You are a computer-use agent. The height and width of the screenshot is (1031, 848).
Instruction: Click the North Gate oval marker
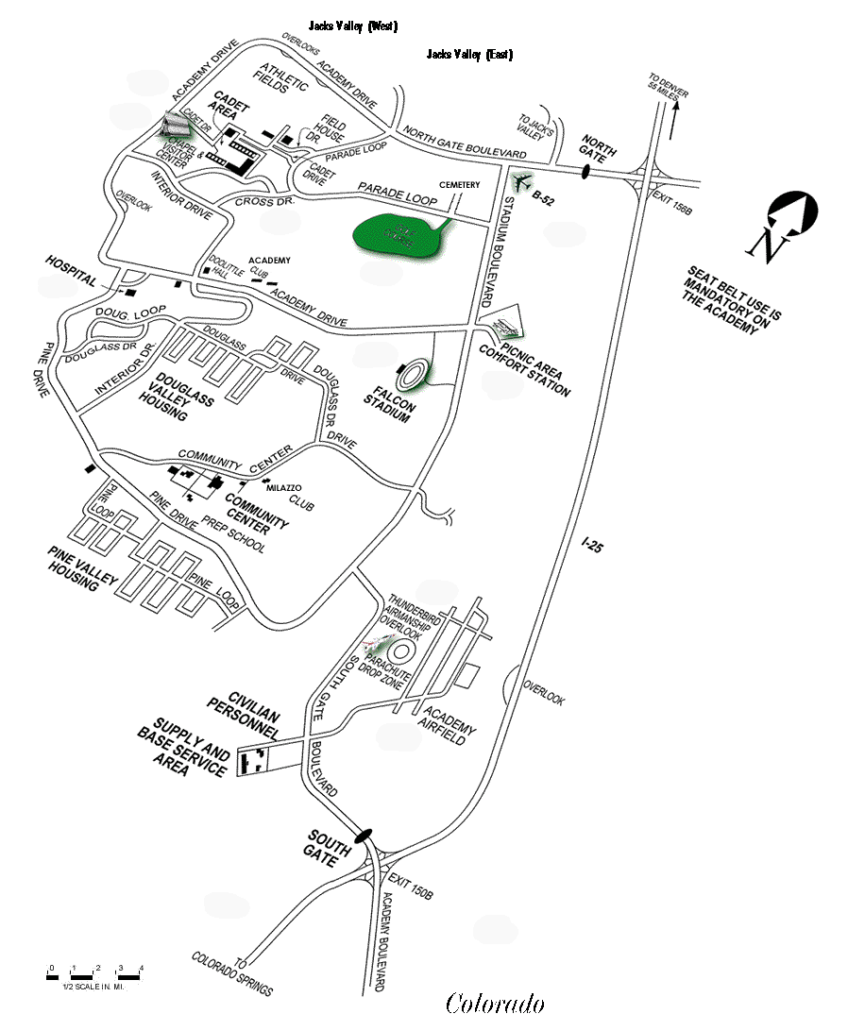coord(585,173)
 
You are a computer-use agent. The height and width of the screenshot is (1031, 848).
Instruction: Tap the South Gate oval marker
coord(363,835)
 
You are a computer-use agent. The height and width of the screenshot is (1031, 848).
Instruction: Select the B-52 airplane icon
coord(520,181)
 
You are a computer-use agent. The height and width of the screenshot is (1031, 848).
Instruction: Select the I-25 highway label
coord(592,545)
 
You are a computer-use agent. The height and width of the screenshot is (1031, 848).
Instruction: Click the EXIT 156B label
coord(672,200)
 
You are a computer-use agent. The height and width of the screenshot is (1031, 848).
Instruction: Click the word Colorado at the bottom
coord(495,1003)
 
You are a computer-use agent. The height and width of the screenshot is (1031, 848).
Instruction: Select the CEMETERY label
coord(459,185)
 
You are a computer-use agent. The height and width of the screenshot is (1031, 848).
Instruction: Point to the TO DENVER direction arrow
coord(674,119)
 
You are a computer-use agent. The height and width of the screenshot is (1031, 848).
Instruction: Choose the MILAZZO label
coord(283,487)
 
